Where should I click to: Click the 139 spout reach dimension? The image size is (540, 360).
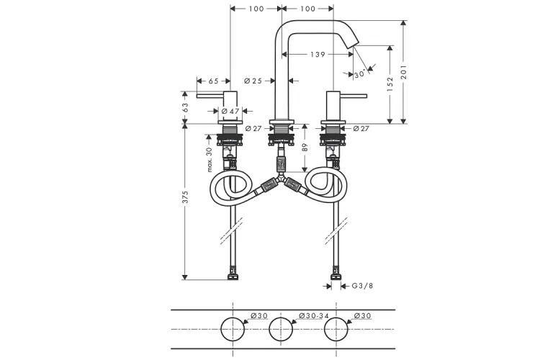click(318, 54)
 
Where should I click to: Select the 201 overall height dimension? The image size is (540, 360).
click(404, 72)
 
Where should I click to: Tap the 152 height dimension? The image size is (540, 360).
click(390, 84)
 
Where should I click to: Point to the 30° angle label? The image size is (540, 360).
click(359, 73)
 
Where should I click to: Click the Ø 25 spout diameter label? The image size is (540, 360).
click(253, 81)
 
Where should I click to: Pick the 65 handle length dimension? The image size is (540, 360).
click(214, 81)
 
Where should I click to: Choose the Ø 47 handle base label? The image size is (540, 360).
click(230, 111)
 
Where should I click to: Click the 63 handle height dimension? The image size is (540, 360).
click(185, 107)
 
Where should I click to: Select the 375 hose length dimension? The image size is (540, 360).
click(185, 197)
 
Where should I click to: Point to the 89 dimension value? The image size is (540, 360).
click(305, 147)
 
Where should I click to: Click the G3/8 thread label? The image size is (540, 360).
click(362, 286)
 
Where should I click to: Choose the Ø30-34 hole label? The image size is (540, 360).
click(314, 315)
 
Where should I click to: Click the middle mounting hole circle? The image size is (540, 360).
click(281, 329)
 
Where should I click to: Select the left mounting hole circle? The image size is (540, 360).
click(233, 329)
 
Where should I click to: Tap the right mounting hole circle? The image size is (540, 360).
click(336, 329)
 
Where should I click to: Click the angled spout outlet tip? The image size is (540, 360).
click(355, 44)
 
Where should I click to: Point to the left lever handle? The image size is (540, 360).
click(217, 96)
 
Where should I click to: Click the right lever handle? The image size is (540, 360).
click(347, 96)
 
